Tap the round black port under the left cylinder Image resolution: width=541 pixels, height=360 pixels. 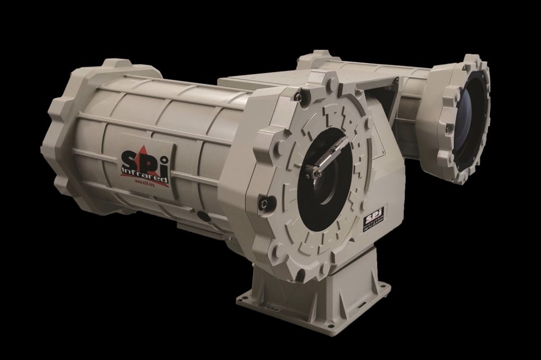pos(201,215)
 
